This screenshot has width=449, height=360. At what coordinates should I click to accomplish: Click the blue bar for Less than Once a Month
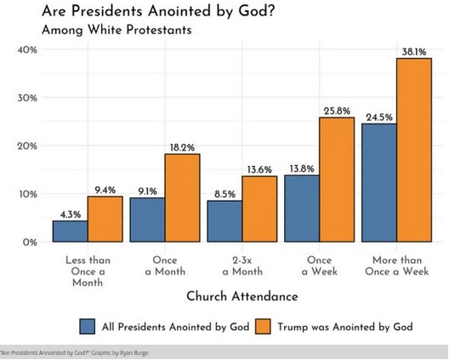click(x=70, y=231)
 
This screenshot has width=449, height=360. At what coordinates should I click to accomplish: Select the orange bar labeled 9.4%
click(x=105, y=220)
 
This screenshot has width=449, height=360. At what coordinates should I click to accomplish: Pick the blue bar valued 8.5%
click(x=224, y=221)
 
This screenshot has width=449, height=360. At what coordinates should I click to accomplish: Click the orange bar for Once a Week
click(x=337, y=180)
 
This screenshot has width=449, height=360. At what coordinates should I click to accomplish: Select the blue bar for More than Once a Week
click(x=379, y=183)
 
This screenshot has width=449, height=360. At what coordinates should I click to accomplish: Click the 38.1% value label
click(x=414, y=52)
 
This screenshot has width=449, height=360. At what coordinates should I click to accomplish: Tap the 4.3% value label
click(x=70, y=214)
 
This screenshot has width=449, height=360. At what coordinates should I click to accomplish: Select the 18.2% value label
click(x=182, y=148)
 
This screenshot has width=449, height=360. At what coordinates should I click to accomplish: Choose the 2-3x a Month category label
click(x=242, y=266)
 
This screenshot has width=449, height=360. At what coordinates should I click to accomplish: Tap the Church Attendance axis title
click(x=242, y=296)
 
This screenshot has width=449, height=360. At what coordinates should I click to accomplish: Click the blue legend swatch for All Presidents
click(x=87, y=326)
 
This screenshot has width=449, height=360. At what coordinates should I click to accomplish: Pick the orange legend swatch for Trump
click(x=262, y=326)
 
